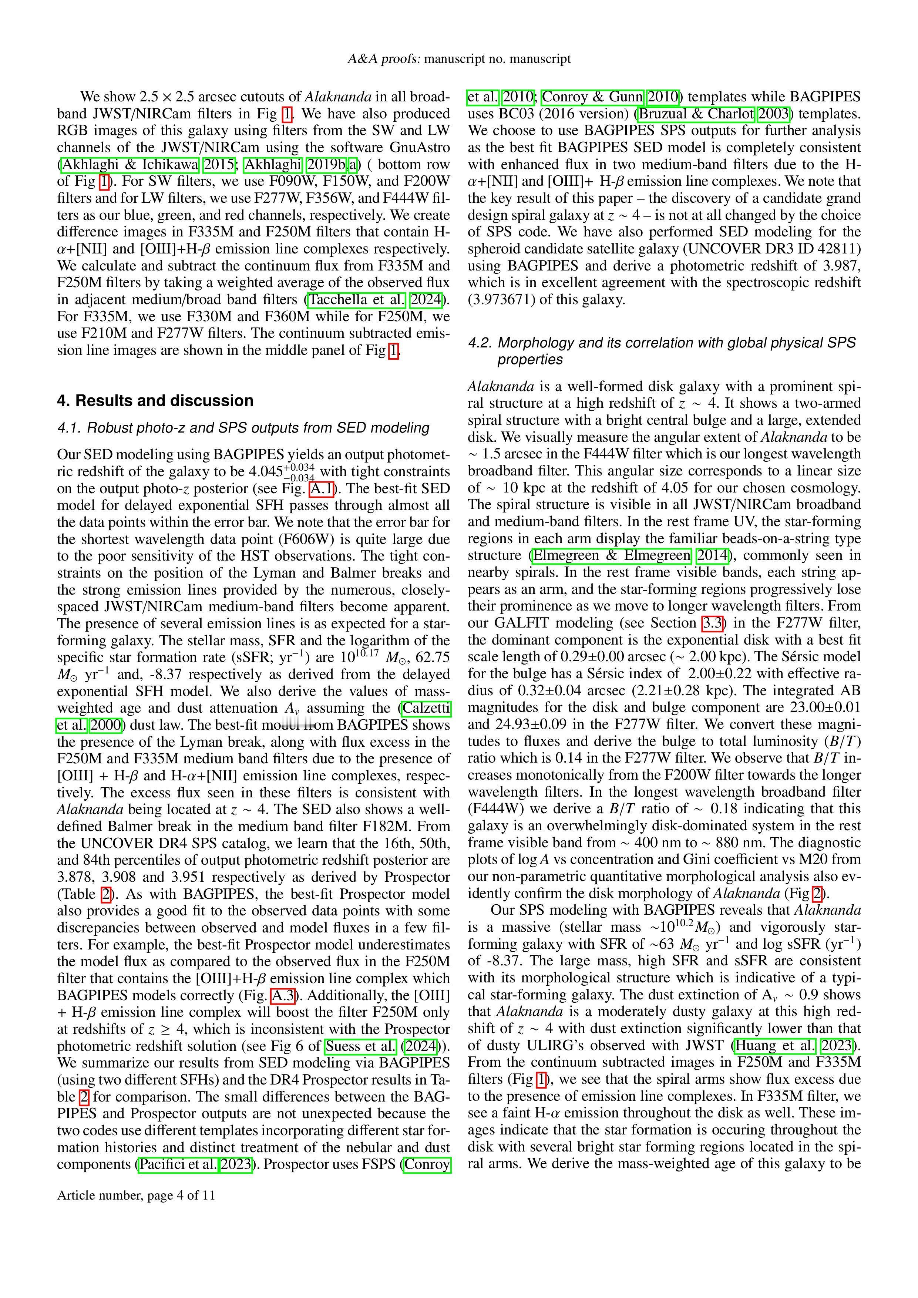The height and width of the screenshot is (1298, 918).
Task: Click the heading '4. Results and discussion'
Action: pos(155,400)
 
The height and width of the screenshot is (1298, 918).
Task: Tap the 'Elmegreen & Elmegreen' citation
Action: pos(612,555)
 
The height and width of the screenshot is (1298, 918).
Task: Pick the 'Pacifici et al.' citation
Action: pos(178,1164)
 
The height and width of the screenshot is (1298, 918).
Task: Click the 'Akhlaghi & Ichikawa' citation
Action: pos(130,165)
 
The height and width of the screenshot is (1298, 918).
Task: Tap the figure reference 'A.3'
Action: pos(283,995)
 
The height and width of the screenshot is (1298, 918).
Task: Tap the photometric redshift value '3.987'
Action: pos(841,266)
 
